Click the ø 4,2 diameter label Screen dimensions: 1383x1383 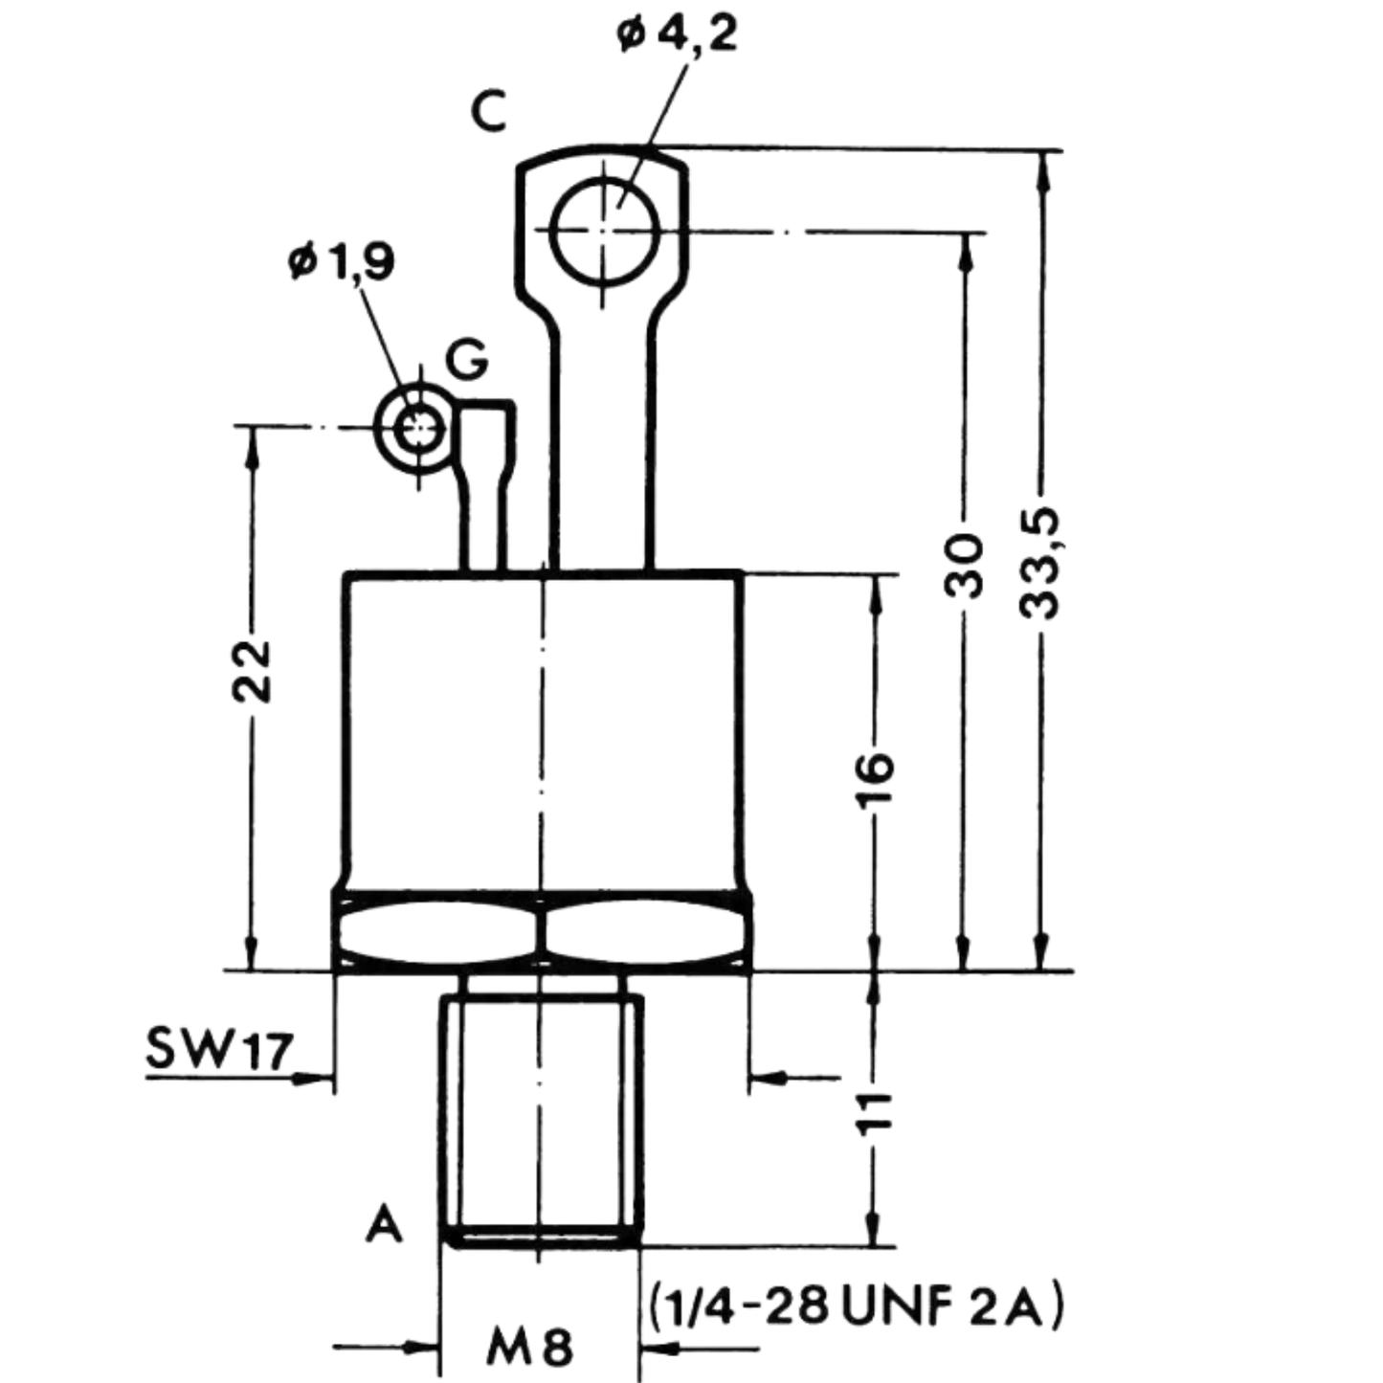click(676, 35)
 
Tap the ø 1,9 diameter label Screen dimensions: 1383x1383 click(341, 261)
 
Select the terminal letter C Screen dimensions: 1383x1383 click(489, 112)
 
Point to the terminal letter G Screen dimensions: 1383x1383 click(466, 359)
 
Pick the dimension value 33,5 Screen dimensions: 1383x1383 click(1039, 564)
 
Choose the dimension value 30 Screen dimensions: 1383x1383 click(962, 566)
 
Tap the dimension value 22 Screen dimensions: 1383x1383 click(251, 671)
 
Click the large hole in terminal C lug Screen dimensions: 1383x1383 click(605, 232)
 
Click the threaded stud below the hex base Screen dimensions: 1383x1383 click(542, 1109)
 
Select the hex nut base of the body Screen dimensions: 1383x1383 click(544, 931)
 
